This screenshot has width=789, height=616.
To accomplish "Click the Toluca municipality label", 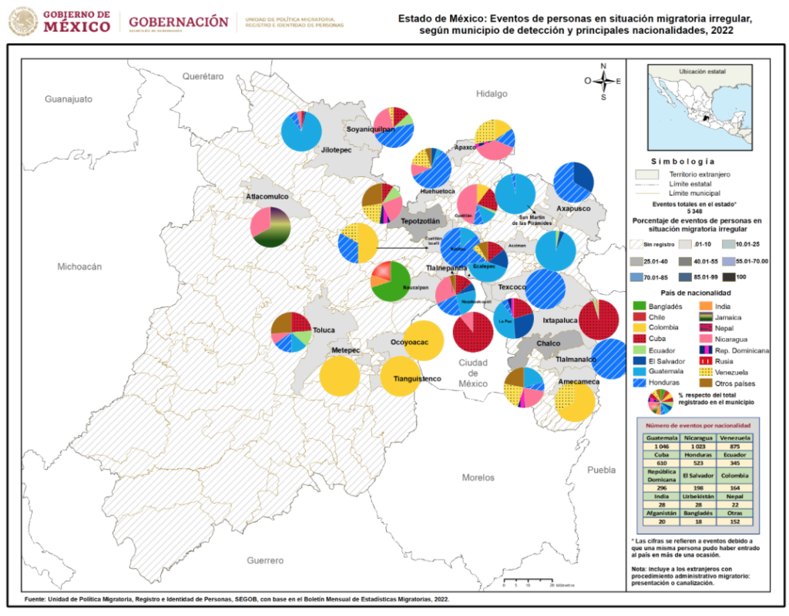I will [324, 330].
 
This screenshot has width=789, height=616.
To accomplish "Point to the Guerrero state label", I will [265, 560].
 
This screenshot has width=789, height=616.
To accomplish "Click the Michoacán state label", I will [79, 266].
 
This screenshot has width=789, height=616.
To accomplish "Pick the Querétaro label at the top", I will [203, 76].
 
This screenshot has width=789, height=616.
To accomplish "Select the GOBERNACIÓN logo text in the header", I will [179, 22].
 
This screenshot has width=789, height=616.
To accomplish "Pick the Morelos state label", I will [478, 477].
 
